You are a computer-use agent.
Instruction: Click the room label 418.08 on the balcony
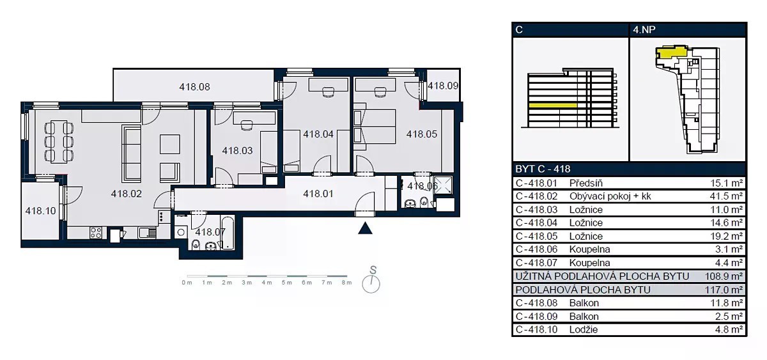194,87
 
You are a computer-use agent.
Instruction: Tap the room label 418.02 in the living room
127,194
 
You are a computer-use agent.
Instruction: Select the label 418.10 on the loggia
40,210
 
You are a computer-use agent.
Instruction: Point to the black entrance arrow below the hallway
365,228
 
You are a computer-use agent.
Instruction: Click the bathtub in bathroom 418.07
228,233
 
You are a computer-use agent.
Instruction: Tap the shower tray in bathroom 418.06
443,185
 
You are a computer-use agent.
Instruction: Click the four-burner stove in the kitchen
96,233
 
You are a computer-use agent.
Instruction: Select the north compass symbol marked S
371,281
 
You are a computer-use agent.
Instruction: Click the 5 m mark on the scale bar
287,283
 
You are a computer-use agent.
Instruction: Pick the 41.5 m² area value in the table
726,196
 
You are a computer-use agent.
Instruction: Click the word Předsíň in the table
586,184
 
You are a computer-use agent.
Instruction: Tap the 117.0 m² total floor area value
724,290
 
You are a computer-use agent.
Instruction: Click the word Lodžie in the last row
584,329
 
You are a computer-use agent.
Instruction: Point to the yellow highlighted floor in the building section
553,106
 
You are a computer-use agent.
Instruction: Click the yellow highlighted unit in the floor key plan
670,53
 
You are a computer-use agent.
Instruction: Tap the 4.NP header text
644,30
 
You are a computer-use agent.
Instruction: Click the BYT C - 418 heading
543,169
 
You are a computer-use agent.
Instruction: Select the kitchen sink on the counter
147,233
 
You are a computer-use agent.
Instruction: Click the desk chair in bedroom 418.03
247,125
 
